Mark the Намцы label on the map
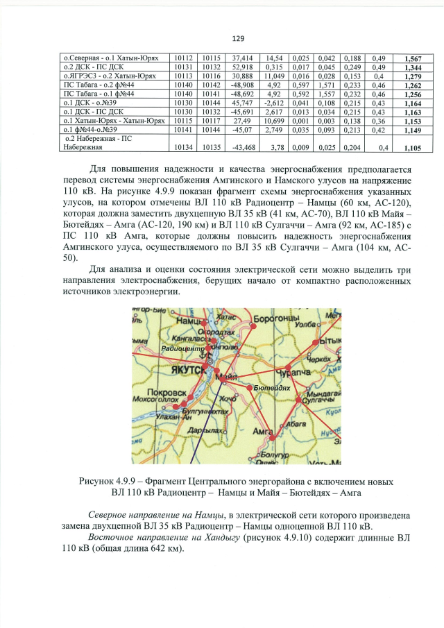point(187,323)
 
